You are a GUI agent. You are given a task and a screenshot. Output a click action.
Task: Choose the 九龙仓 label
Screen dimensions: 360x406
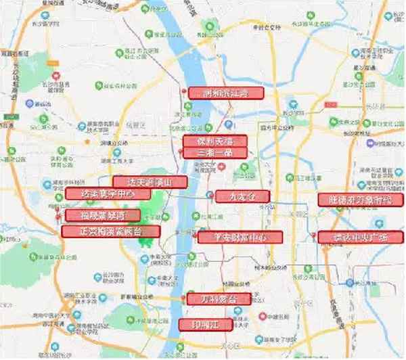point(242,196)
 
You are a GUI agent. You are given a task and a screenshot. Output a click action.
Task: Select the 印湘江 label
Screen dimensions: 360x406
point(205,324)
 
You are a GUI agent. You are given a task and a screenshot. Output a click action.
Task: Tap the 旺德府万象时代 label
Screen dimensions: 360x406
point(360,200)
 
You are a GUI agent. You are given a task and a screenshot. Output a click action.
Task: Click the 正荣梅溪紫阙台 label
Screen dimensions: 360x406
point(111,231)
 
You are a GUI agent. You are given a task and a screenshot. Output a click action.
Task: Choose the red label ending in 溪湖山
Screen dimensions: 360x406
point(147,182)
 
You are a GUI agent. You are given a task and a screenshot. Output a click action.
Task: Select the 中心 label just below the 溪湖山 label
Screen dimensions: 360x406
point(101,194)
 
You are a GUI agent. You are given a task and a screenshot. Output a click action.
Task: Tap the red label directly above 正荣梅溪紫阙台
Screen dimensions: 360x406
point(104,216)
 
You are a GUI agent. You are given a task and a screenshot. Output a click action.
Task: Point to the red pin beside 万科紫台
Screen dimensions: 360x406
point(183,298)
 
